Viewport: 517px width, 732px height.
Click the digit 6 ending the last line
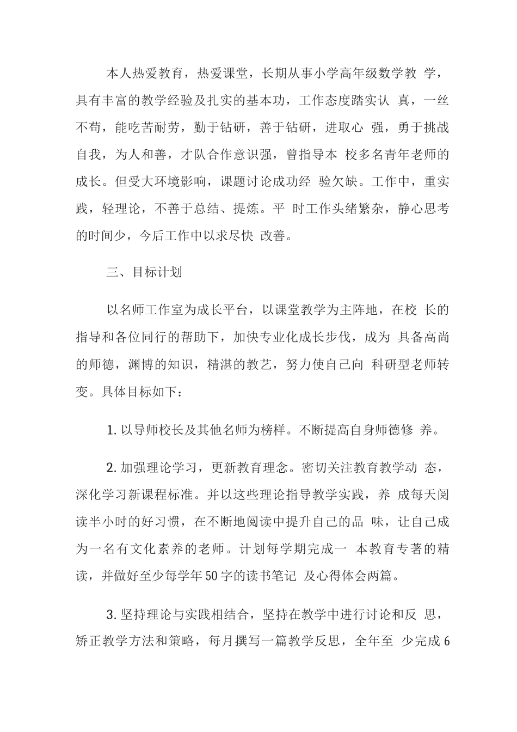447,641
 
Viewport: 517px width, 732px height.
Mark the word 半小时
114,522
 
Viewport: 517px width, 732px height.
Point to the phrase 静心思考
423,209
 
